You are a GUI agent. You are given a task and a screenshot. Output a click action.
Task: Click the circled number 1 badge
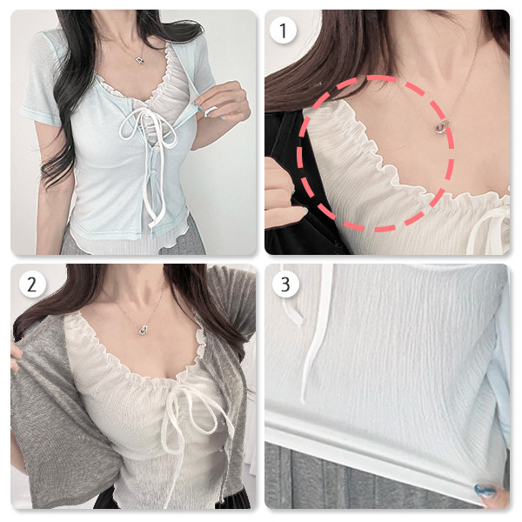point(283,30)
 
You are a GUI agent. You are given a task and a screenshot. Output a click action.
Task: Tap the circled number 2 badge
point(32,284)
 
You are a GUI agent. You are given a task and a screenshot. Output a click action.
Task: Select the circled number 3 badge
point(285,284)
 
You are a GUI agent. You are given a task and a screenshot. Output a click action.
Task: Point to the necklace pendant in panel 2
point(144,331)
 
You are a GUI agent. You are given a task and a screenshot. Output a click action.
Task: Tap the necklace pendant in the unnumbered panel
point(140,60)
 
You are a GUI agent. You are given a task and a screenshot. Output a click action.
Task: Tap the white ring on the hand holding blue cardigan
point(211,110)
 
